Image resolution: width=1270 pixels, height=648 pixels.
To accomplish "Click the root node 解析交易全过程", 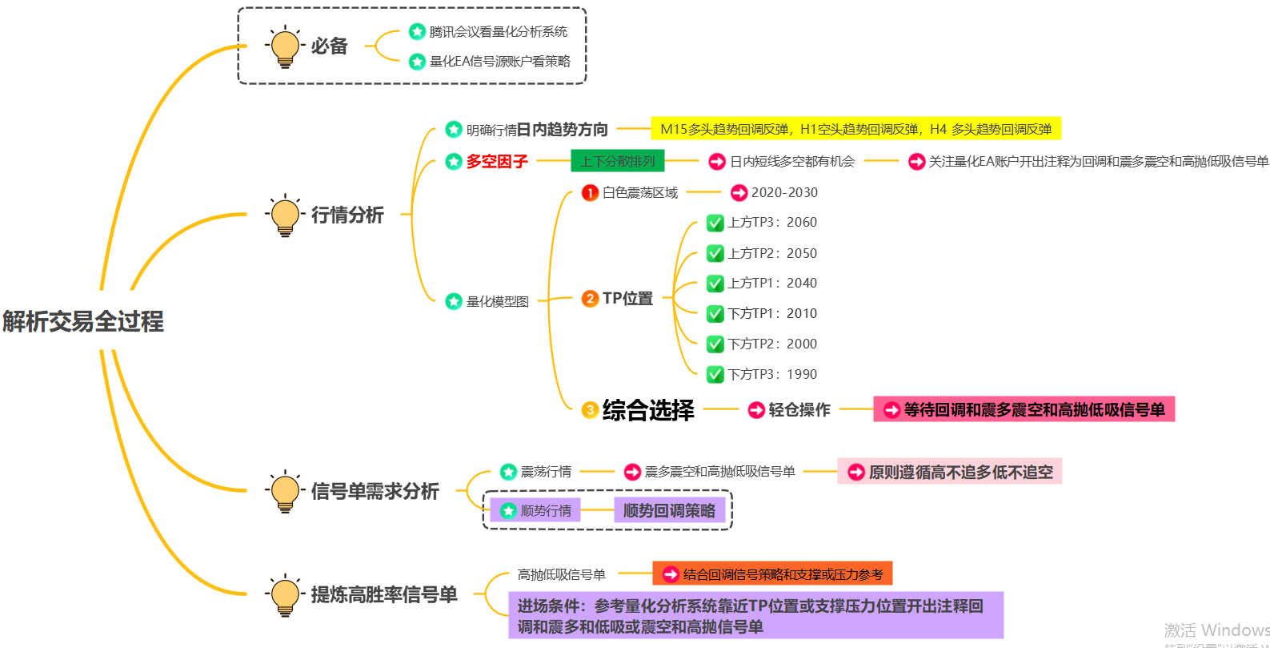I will [x=83, y=321].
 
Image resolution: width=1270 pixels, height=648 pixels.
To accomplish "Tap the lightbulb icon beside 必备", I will [x=285, y=46].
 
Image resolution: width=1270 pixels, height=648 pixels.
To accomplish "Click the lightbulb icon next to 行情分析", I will [x=285, y=215].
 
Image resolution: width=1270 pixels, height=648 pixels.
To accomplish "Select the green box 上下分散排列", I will [x=617, y=161].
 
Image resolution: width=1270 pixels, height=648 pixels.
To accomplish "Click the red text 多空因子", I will [x=497, y=162].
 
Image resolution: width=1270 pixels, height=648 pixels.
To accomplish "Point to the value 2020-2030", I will [x=784, y=192].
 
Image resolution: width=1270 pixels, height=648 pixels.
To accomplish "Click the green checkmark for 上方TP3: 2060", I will [x=715, y=223].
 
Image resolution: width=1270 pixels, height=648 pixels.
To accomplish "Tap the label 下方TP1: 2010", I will [x=772, y=313].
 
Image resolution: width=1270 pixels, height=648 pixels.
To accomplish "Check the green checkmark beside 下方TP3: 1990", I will [x=715, y=374].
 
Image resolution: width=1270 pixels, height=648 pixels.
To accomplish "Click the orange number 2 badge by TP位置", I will [x=590, y=299].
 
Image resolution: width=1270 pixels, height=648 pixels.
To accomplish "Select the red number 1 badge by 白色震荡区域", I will [x=590, y=192].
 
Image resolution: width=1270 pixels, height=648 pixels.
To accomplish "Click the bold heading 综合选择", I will [x=648, y=410].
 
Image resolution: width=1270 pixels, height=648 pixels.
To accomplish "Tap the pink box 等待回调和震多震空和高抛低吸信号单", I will [x=1024, y=409].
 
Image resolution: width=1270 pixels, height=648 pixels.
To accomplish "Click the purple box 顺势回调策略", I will [x=669, y=510].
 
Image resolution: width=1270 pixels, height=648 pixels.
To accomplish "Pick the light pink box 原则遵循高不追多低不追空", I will [x=950, y=472].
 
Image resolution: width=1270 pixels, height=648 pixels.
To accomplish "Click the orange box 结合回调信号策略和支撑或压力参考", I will [x=772, y=574].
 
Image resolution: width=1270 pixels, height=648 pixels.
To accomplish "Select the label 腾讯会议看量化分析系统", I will [x=498, y=32].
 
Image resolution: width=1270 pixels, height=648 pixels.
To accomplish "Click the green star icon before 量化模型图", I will [x=454, y=301].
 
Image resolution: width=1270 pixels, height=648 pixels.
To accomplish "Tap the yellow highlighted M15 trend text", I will [x=855, y=129].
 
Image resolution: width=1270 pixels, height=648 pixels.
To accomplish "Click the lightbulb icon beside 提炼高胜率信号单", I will [x=285, y=594].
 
